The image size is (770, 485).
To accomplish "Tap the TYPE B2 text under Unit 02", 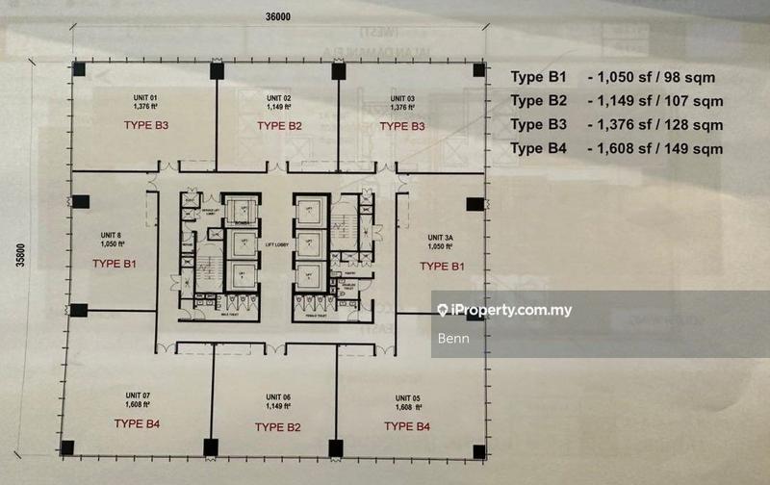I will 280,126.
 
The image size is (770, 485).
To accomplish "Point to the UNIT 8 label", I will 111,235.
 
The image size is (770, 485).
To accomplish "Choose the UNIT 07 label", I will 137,396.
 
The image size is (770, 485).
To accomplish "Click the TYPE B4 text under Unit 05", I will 406,425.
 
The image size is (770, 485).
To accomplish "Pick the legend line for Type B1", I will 612,78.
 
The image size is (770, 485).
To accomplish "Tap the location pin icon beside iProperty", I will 443,311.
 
